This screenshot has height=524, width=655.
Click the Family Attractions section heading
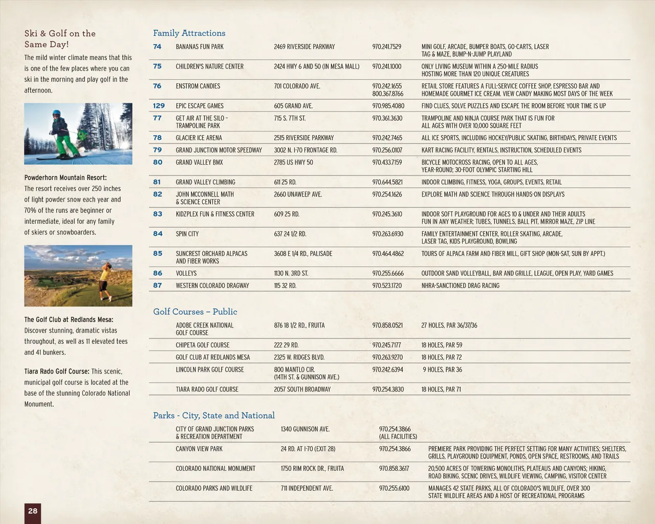pyautogui.click(x=189, y=33)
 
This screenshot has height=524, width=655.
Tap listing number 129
pyautogui.click(x=159, y=106)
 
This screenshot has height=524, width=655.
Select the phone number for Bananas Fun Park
pyautogui.click(x=386, y=47)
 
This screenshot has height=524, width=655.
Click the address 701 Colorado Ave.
pyautogui.click(x=297, y=86)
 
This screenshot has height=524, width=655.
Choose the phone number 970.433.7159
pyautogui.click(x=387, y=162)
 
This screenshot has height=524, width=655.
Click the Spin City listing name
pyautogui.click(x=187, y=234)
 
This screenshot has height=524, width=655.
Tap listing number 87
pyautogui.click(x=158, y=286)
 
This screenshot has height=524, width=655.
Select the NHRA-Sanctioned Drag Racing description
pyautogui.click(x=460, y=286)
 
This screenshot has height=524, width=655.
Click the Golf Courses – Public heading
pyautogui.click(x=195, y=312)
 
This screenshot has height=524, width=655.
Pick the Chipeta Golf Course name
pyautogui.click(x=203, y=345)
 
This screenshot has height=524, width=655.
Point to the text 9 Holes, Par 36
pyautogui.click(x=442, y=369)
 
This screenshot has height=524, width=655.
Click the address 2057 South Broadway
pyautogui.click(x=302, y=389)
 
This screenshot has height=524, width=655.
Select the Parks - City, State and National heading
pyautogui.click(x=213, y=416)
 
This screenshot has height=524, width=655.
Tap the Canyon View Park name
pyautogui.click(x=199, y=449)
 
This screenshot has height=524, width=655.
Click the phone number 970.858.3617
pyautogui.click(x=394, y=468)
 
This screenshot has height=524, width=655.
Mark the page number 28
pyautogui.click(x=33, y=511)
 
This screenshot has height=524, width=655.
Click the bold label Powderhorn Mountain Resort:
pyautogui.click(x=65, y=178)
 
